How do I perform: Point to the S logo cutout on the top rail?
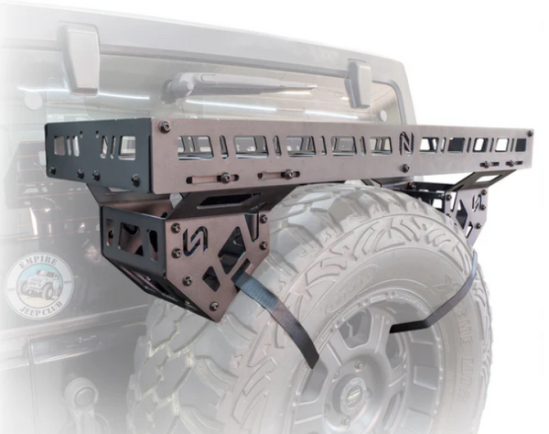405,142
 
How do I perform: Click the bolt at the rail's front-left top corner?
165,125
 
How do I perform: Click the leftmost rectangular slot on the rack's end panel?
62,146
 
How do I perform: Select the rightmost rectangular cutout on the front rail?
520,145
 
